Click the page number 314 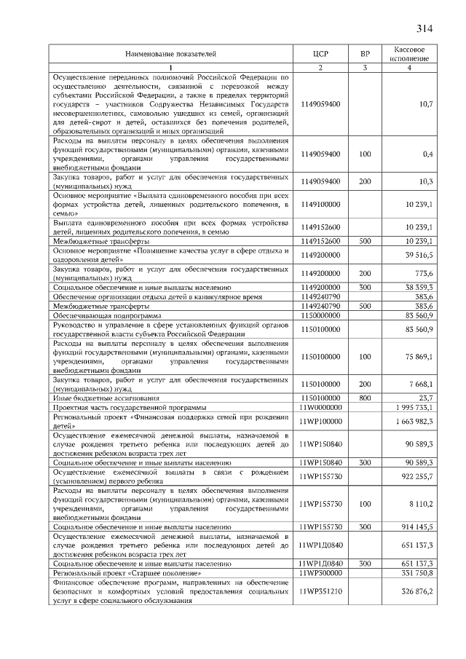(425, 29)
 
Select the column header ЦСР (320, 54)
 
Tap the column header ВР (365, 54)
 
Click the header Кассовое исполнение (409, 54)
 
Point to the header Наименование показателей (171, 54)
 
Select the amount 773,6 (423, 274)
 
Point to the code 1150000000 (320, 315)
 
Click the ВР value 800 (365, 398)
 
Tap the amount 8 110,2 (422, 503)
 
